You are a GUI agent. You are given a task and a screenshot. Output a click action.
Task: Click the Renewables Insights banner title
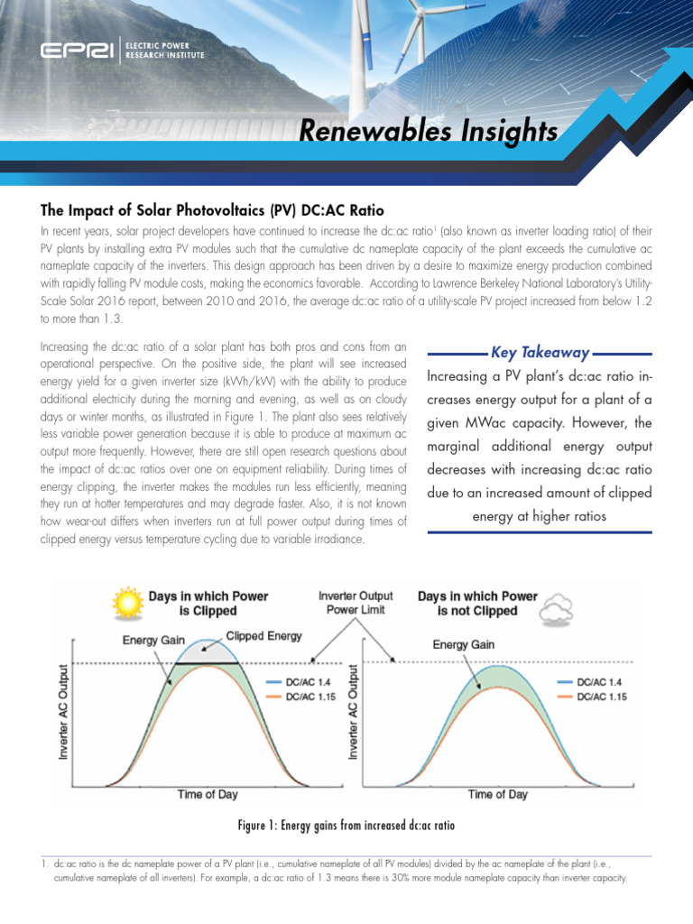tap(428, 133)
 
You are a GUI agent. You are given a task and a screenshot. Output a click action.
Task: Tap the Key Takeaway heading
tap(540, 353)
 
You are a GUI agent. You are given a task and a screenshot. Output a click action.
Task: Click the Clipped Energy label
tap(263, 635)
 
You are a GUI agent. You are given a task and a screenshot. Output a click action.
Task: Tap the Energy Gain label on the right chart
tap(463, 644)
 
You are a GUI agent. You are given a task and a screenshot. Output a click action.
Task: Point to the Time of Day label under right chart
tap(497, 794)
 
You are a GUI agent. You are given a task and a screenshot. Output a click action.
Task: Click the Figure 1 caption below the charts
tap(346, 826)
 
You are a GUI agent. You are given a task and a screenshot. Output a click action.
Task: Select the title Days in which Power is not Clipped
tap(476, 604)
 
